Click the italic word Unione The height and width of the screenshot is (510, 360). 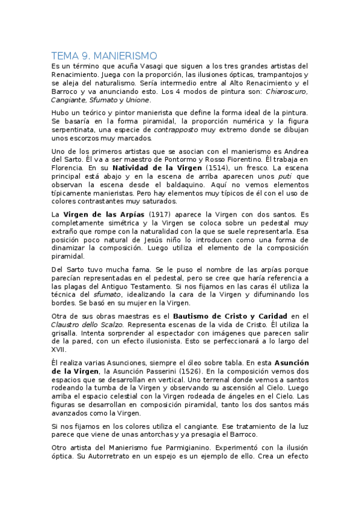[x=138, y=100]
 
